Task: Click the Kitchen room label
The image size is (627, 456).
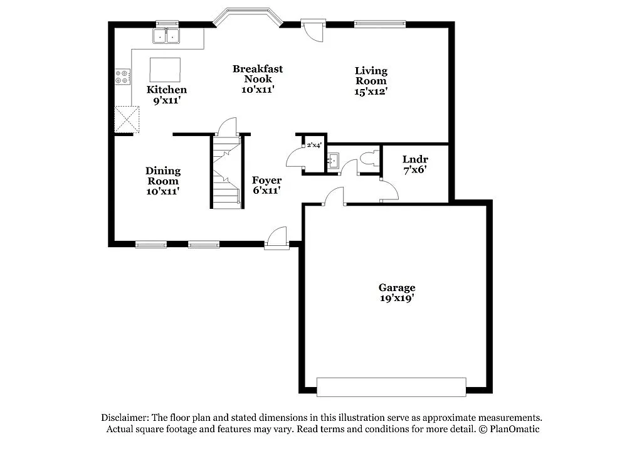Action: coord(167,90)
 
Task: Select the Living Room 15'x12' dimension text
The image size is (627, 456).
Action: coord(371,91)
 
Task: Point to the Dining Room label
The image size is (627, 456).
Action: coord(163,171)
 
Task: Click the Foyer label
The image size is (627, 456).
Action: coord(266,181)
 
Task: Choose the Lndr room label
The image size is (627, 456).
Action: coord(415,159)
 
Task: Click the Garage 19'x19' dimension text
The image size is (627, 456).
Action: coord(396,299)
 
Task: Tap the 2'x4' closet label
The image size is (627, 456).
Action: coord(314,146)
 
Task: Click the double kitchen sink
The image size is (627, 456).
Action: coord(166,37)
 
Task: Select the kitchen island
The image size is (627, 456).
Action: coord(165,69)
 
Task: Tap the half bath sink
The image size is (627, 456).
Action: coord(332,161)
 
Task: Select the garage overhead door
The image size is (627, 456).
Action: coord(391,387)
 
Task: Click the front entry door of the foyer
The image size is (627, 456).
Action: coord(277,239)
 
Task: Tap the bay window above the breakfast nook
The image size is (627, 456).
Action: coord(246,16)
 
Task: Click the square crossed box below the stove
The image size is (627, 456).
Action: coord(126,119)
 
